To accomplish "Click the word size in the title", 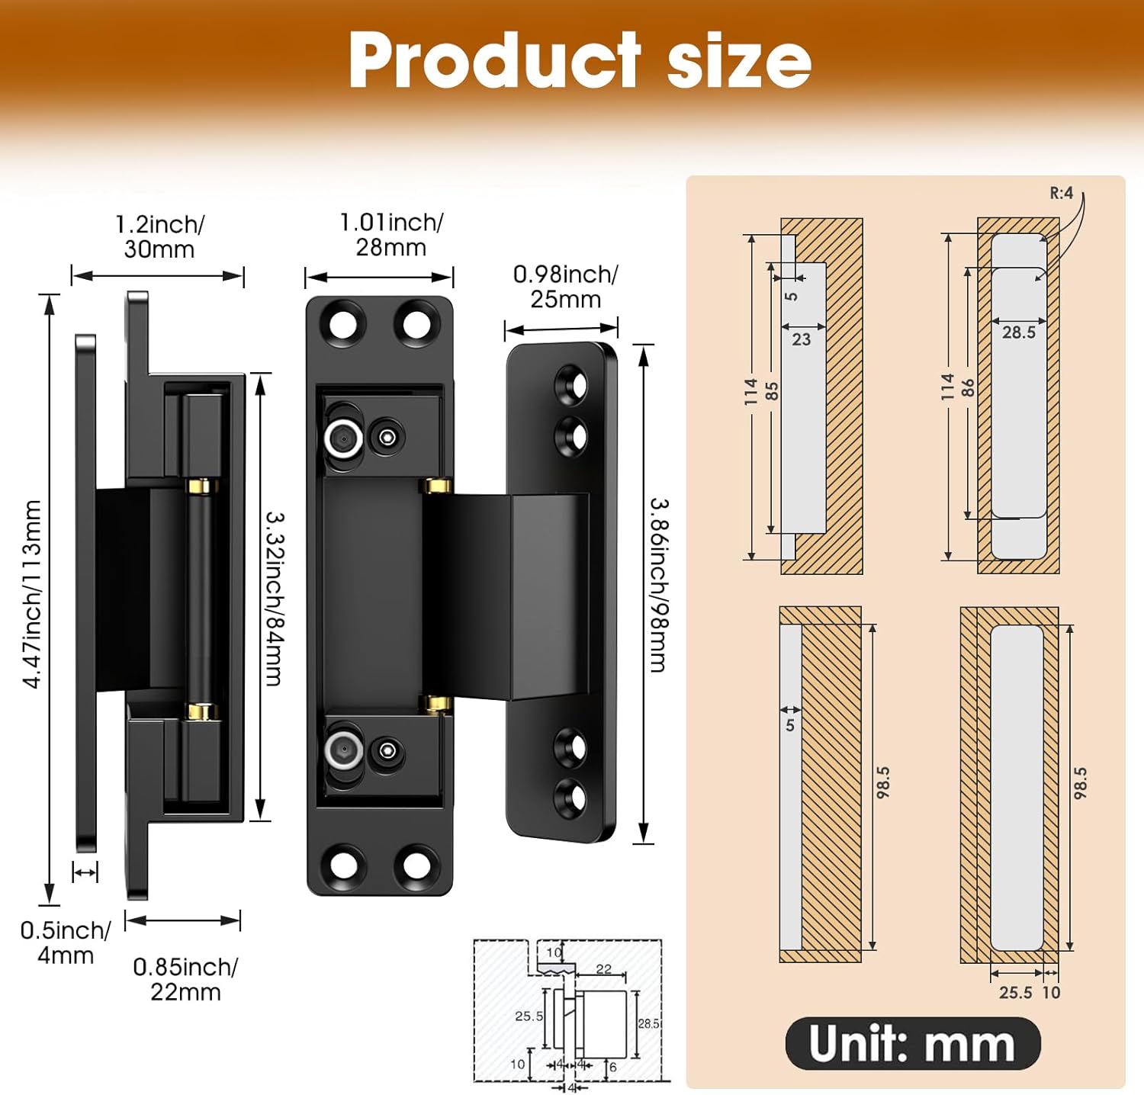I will pos(738,61).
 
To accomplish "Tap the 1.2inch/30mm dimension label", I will pos(159,236).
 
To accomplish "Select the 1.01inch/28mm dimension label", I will pos(391,234).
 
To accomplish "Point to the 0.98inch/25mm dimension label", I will pos(565,286).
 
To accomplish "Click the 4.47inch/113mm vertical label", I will pos(31,594).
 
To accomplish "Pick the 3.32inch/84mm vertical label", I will pos(274,598).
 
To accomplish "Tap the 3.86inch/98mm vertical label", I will pos(658,585).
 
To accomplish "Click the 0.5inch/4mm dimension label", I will pos(66,942).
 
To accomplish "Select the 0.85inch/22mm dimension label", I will pos(185,979).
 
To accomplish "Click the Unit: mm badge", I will pos(912,1043).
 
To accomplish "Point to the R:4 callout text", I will pos(1061,193).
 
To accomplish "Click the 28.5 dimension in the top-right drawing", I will pos(1019,332).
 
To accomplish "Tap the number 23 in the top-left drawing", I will pos(801,340).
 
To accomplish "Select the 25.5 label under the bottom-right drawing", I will pos(1015,993).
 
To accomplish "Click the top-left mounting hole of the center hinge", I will pos(343,324).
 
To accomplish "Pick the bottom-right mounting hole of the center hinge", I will pos(416,865).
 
